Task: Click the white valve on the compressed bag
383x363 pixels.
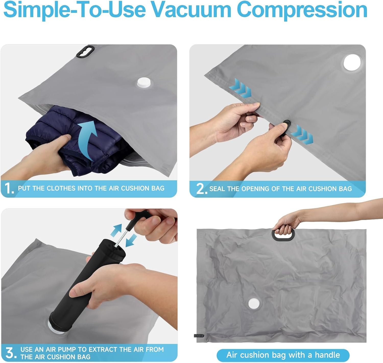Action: pyautogui.click(x=254, y=303)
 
